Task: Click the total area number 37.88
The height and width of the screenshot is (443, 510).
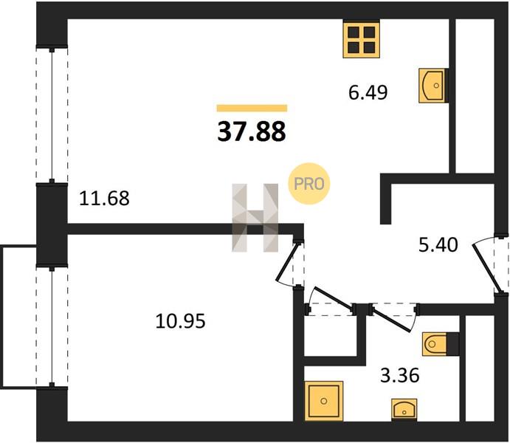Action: point(252,131)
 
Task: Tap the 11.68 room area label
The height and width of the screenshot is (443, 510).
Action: point(104,198)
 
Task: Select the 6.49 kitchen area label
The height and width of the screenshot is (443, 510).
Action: point(368,92)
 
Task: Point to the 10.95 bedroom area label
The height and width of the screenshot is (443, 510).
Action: point(181,321)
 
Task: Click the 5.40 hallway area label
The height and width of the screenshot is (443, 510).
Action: point(438,244)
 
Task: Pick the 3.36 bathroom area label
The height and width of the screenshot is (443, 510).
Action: point(400,376)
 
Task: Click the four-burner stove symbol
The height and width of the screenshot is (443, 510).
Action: point(362,39)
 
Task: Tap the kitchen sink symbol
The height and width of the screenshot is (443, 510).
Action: point(432,86)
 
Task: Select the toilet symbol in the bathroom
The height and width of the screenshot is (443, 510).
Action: point(441,344)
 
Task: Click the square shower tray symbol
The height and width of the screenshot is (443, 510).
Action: point(324,401)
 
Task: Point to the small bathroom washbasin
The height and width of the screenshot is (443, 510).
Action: point(404,410)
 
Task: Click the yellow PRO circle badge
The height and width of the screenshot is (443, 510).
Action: point(309,184)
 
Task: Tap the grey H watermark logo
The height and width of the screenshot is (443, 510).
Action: point(255,218)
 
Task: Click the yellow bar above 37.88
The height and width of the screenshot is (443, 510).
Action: point(252,108)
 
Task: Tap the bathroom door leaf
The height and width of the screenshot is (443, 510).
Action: point(392,319)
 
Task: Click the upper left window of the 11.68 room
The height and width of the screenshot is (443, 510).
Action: point(52,115)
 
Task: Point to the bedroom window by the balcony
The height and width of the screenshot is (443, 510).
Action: point(52,326)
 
